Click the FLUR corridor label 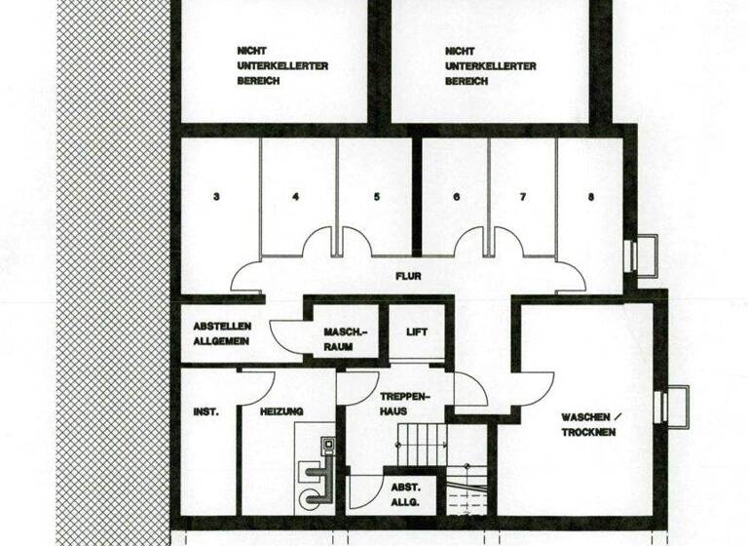pyautogui.click(x=408, y=276)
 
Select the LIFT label pyautogui.click(x=417, y=332)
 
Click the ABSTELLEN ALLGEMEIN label pyautogui.click(x=222, y=333)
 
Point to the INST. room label pyautogui.click(x=206, y=411)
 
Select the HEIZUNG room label pyautogui.click(x=282, y=411)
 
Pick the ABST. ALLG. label pyautogui.click(x=405, y=494)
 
